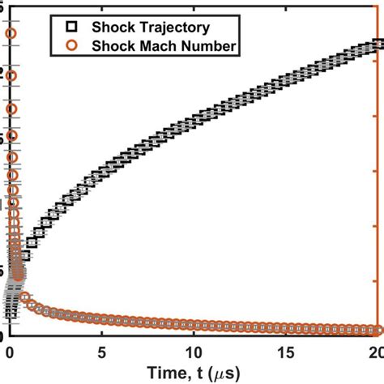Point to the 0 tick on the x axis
pos(10,352)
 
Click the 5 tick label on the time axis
pos(101,352)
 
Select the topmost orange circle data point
pos(11,33)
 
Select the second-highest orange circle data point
pos(11,76)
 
